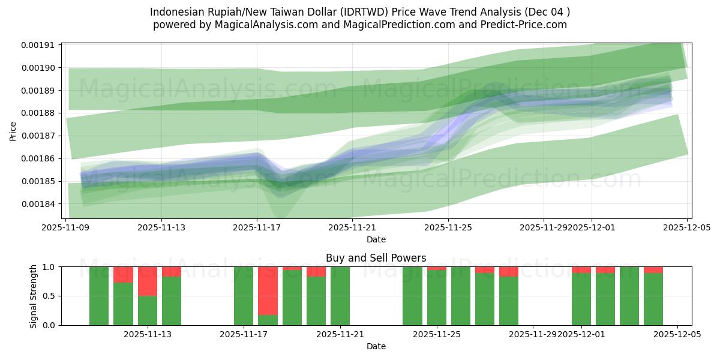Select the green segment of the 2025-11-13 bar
pyautogui.click(x=147, y=311)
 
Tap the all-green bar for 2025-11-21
pyautogui.click(x=340, y=296)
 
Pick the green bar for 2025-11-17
pyautogui.click(x=244, y=296)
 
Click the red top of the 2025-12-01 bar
pyautogui.click(x=581, y=270)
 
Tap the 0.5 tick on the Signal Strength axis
pyautogui.click(x=49, y=296)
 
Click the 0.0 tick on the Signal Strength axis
pyautogui.click(x=49, y=325)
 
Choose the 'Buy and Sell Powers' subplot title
pyautogui.click(x=376, y=258)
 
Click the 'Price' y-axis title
pyautogui.click(x=13, y=131)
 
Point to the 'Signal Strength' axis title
pyautogui.click(x=34, y=296)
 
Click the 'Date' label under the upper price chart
pyautogui.click(x=376, y=239)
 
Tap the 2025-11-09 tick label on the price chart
pyautogui.click(x=65, y=228)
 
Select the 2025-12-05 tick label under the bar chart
pyautogui.click(x=677, y=335)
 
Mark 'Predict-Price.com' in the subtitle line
pyautogui.click(x=525, y=25)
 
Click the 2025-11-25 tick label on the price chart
pyautogui.click(x=448, y=228)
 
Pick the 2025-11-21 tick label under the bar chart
pyautogui.click(x=340, y=335)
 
